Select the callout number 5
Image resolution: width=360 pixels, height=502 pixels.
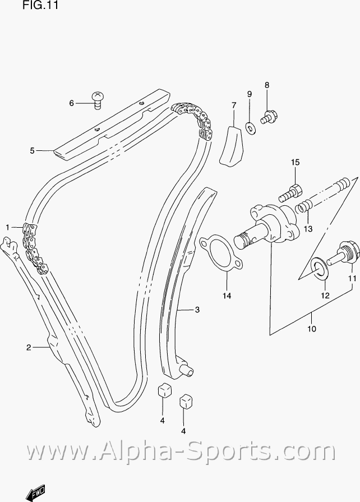coord(33,150)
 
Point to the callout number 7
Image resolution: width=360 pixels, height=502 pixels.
coord(234,105)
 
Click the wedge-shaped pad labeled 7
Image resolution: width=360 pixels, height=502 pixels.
coord(232,147)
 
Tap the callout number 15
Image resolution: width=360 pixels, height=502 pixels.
coord(295,163)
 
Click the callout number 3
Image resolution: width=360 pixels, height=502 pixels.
coord(197,309)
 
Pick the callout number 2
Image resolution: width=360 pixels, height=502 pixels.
coord(28,348)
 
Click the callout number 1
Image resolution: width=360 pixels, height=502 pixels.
coord(8,227)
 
